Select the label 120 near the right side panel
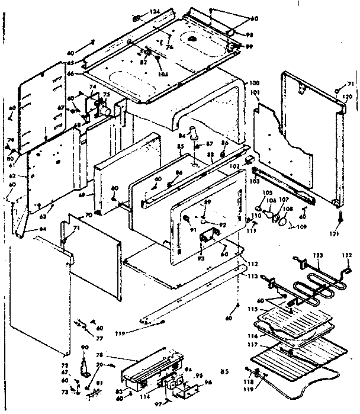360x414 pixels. [347, 96]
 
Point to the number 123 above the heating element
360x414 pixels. [318, 255]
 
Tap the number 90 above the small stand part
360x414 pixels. [85, 347]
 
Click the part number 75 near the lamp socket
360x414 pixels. [107, 94]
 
